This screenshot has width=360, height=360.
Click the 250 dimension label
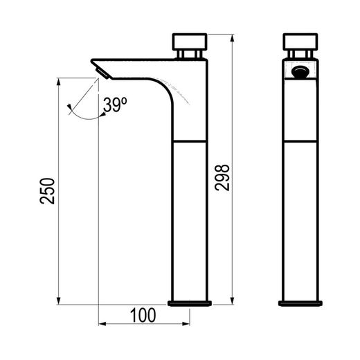coord(47,191)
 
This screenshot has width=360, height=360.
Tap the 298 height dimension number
coord(222,178)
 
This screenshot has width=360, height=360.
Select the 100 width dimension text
coord(143,315)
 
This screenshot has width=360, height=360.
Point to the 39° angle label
coord(115,105)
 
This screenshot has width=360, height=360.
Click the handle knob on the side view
coord(190,42)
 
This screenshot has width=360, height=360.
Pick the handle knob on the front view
coord(300,42)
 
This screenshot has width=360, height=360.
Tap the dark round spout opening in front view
coord(300,72)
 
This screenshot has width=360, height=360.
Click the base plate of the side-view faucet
coord(190,303)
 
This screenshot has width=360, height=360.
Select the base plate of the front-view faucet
coord(300,303)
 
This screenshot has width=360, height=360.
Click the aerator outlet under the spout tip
coord(102,73)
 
